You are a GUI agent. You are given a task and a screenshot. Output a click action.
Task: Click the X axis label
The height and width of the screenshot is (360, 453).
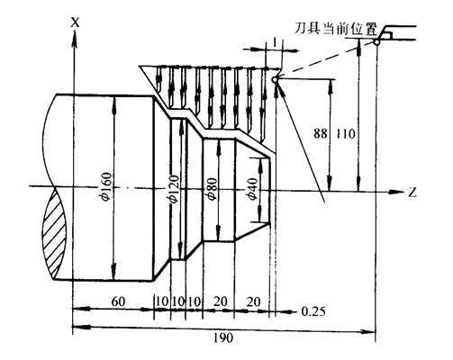click(x=75, y=22)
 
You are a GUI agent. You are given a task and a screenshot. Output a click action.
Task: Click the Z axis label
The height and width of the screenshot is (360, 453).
click(x=412, y=193)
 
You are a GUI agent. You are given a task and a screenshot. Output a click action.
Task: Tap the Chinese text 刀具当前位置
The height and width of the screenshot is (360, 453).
click(x=336, y=29)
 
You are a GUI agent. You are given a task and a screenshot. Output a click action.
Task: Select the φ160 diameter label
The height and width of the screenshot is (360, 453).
click(x=107, y=186)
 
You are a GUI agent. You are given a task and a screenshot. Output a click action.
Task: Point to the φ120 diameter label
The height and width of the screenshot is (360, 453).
click(x=174, y=189)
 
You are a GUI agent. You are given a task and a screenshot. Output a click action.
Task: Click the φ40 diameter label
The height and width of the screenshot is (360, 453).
click(x=251, y=189)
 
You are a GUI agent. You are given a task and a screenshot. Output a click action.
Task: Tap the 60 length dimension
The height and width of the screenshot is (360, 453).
click(x=118, y=301)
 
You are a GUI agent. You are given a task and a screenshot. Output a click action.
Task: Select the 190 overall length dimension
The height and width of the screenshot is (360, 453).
click(x=223, y=338)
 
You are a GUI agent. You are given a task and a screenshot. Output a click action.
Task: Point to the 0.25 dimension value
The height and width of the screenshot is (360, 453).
click(x=313, y=311)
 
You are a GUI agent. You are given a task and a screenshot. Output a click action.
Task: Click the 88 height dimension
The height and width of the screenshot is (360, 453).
click(x=321, y=133)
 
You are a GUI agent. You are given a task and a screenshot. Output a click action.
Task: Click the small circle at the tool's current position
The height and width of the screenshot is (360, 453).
click(x=376, y=42)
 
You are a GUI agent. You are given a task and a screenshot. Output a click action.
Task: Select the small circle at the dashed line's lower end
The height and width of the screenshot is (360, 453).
click(x=275, y=80)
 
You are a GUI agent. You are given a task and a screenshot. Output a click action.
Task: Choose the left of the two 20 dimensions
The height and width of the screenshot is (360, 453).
click(x=221, y=301)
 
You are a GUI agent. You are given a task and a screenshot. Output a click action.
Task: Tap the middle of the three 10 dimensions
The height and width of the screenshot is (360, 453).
click(x=177, y=301)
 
